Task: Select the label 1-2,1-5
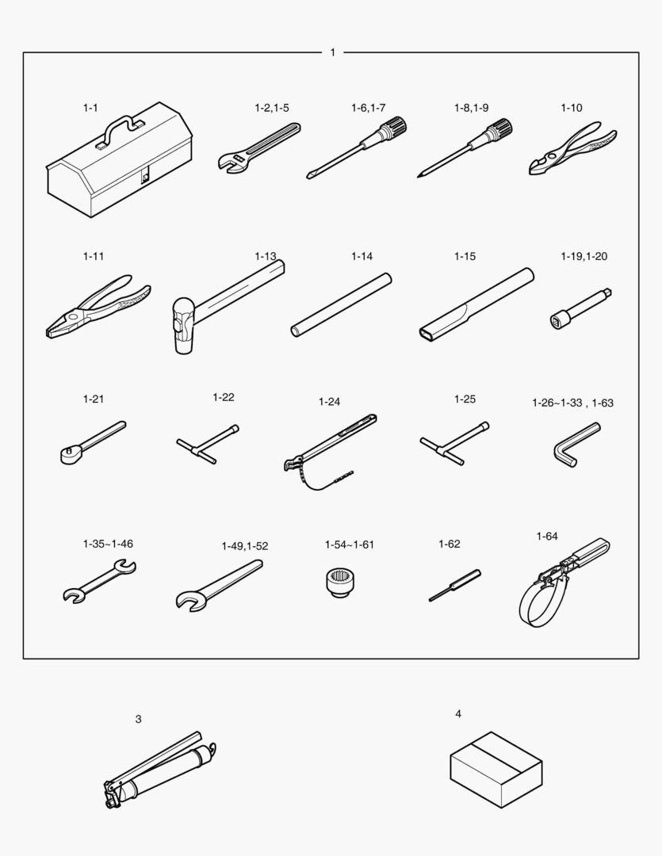point(271,108)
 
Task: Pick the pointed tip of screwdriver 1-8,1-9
point(419,176)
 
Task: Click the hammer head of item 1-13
point(183,325)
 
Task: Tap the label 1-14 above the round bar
point(362,256)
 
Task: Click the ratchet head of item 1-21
point(69,455)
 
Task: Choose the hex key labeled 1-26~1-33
point(574,444)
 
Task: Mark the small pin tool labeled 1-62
point(454,585)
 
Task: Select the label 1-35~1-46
point(108,544)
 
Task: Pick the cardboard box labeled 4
point(496,769)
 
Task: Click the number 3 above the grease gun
point(138,720)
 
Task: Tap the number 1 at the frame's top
point(333,52)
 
